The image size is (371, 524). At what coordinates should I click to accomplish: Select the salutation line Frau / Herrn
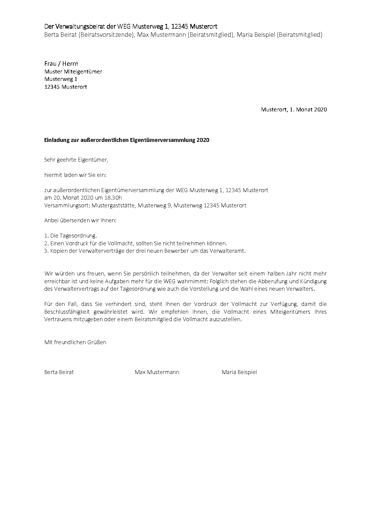(61, 64)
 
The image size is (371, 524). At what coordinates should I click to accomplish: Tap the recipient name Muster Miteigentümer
(73, 72)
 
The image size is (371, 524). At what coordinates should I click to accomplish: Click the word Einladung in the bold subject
(55, 140)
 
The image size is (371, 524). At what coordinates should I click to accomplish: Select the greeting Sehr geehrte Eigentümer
(76, 160)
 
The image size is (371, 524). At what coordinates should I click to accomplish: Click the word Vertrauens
(57, 319)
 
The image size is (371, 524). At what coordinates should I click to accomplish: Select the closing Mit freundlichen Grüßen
(75, 342)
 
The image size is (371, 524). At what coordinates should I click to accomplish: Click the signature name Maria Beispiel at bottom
(239, 372)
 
